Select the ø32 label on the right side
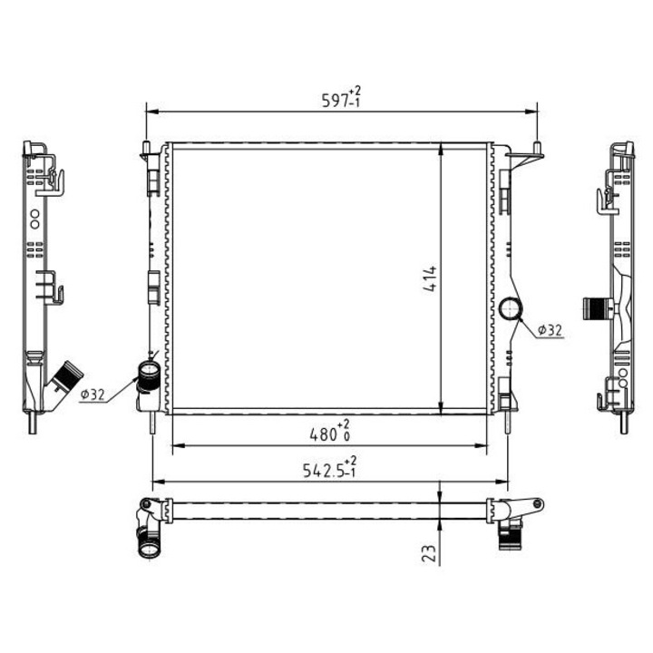click(x=550, y=331)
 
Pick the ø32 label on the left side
click(x=93, y=395)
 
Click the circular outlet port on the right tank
click(x=511, y=309)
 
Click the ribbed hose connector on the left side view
click(x=65, y=375)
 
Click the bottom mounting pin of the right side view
click(x=625, y=424)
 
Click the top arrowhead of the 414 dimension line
click(x=441, y=149)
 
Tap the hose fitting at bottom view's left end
click(x=148, y=542)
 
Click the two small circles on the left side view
click(x=34, y=219)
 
